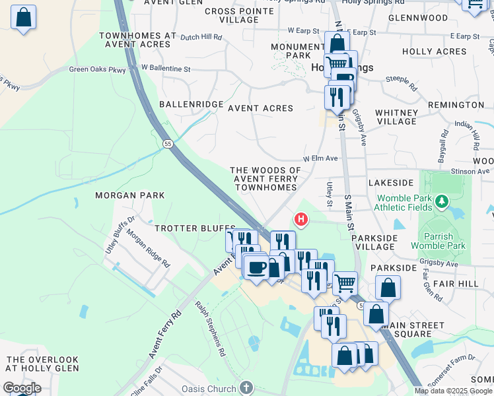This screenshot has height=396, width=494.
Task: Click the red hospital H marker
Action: [x=301, y=218]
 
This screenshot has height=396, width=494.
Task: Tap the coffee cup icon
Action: [x=256, y=267]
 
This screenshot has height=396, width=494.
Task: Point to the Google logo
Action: [x=22, y=387]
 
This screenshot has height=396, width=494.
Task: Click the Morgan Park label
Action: [x=129, y=195]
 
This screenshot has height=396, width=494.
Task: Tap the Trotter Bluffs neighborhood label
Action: [x=186, y=228]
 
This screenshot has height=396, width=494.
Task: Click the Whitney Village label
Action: [x=396, y=117]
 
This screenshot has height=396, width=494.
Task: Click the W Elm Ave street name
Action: [x=320, y=159]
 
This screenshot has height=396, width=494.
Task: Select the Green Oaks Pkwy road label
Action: [x=96, y=69]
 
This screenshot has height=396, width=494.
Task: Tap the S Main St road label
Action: [x=347, y=213]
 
